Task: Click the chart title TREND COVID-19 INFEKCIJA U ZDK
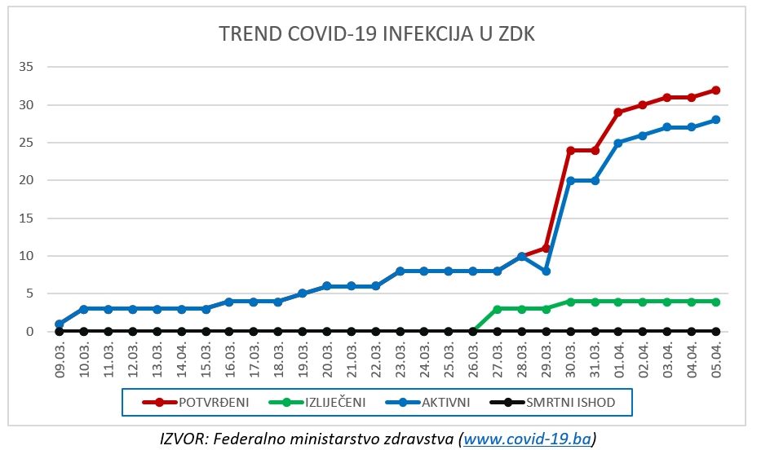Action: [376, 33]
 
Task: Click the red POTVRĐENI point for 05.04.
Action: [716, 90]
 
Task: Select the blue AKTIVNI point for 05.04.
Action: [716, 120]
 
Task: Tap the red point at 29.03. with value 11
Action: [546, 248]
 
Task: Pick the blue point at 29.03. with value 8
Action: [546, 271]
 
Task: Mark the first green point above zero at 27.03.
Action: [497, 309]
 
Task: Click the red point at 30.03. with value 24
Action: [570, 150]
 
